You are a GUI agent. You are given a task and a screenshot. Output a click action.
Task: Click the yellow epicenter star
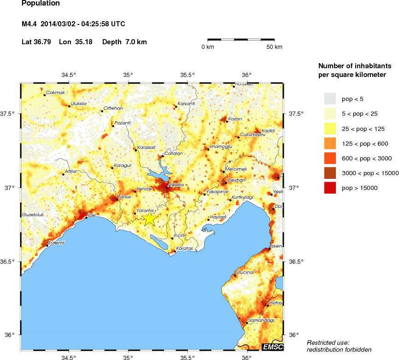pyautogui.click(x=150, y=218)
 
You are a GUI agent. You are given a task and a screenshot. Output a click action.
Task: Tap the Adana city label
pyautogui.click(x=176, y=185)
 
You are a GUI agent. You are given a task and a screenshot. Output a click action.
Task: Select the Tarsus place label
pyautogui.click(x=125, y=197)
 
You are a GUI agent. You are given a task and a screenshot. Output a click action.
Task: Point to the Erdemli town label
pyautogui.click(x=57, y=242)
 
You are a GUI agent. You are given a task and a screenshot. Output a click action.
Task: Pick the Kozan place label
pyautogui.click(x=235, y=119)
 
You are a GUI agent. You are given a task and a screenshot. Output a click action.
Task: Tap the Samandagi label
pyautogui.click(x=261, y=320)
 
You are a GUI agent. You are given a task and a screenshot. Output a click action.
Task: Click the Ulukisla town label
pyautogui.click(x=78, y=104)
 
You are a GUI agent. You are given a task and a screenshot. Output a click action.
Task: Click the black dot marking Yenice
pyautogui.click(x=135, y=191)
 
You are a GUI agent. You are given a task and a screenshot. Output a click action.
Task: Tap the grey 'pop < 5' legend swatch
pyautogui.click(x=330, y=99)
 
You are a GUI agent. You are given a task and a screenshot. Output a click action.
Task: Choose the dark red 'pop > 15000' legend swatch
pyautogui.click(x=330, y=188)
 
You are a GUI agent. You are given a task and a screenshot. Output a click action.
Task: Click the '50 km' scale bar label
pyautogui.click(x=275, y=47)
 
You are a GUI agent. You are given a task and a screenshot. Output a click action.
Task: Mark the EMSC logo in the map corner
pyautogui.click(x=272, y=347)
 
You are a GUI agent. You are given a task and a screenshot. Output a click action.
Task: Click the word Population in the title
pyautogui.click(x=41, y=4)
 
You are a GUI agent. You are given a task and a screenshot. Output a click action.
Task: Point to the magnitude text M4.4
pyautogui.click(x=31, y=24)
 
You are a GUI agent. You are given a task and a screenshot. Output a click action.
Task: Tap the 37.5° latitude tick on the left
pyautogui.click(x=9, y=114)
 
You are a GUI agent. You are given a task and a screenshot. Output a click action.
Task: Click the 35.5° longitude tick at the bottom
pyautogui.click(x=188, y=357)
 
